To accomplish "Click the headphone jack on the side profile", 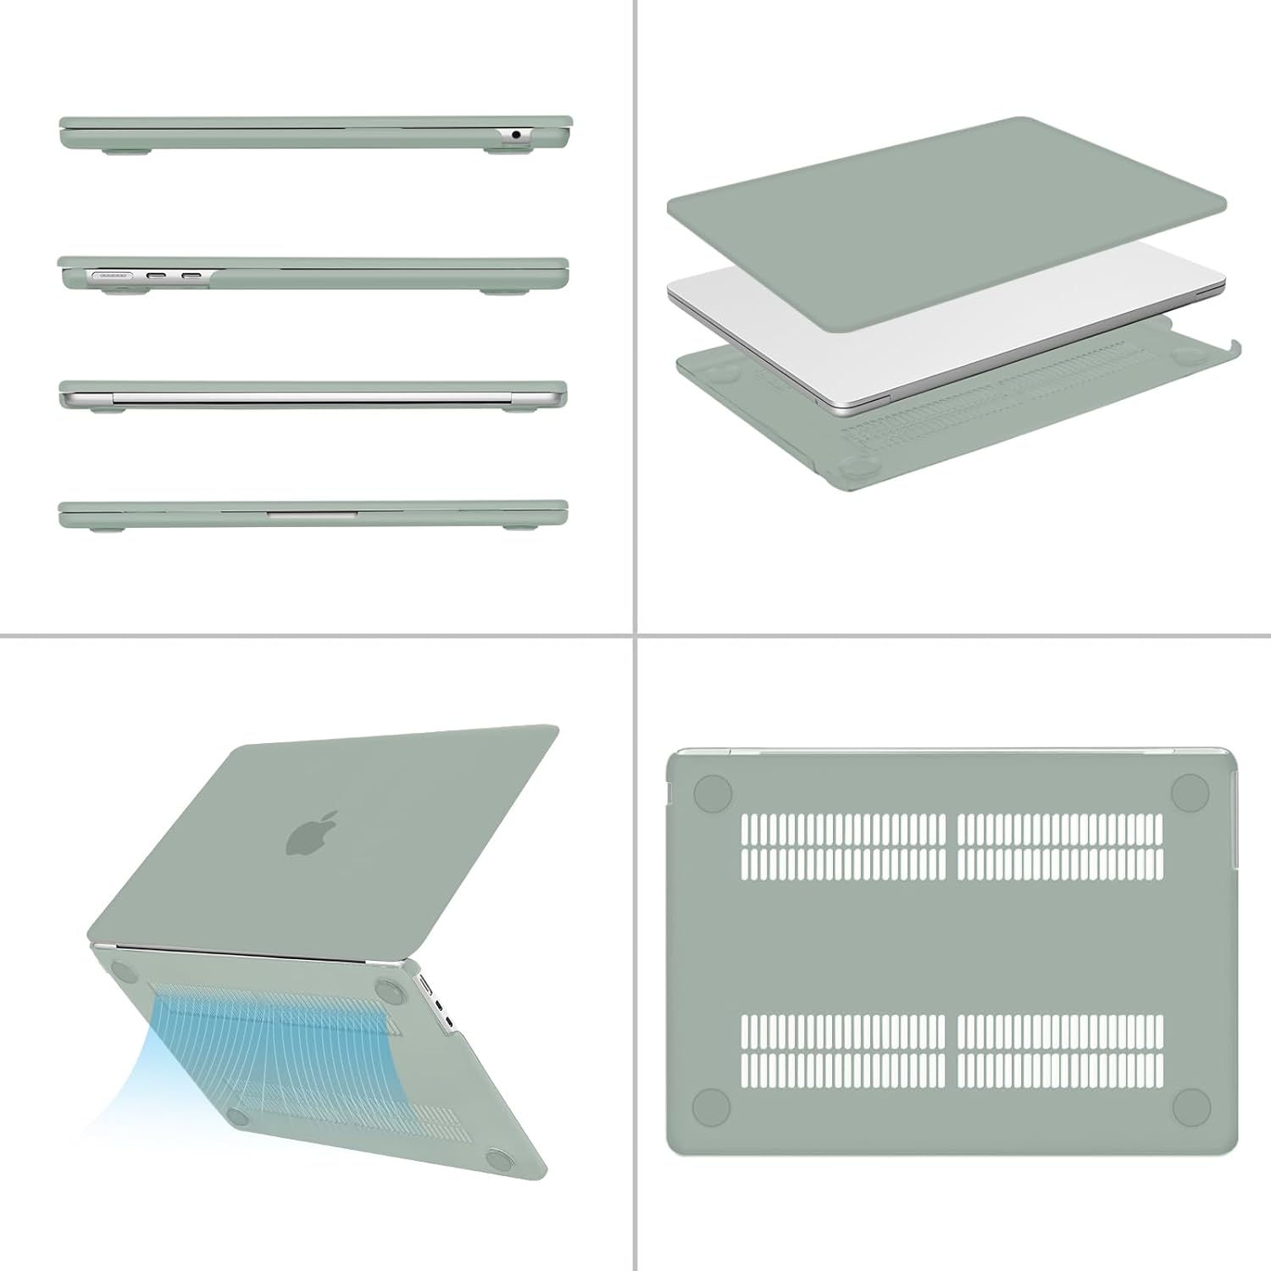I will [x=516, y=134].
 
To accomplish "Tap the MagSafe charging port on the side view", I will [x=111, y=275].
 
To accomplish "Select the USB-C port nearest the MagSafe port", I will [x=157, y=275].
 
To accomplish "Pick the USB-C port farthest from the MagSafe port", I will [x=191, y=275].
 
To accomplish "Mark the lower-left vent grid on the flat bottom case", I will [x=843, y=1051].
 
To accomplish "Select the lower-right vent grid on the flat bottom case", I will [x=1060, y=1051].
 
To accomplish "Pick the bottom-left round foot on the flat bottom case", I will [x=712, y=1107].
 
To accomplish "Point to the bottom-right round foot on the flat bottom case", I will [x=1191, y=1107].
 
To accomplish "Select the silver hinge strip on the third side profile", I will [x=314, y=396].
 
